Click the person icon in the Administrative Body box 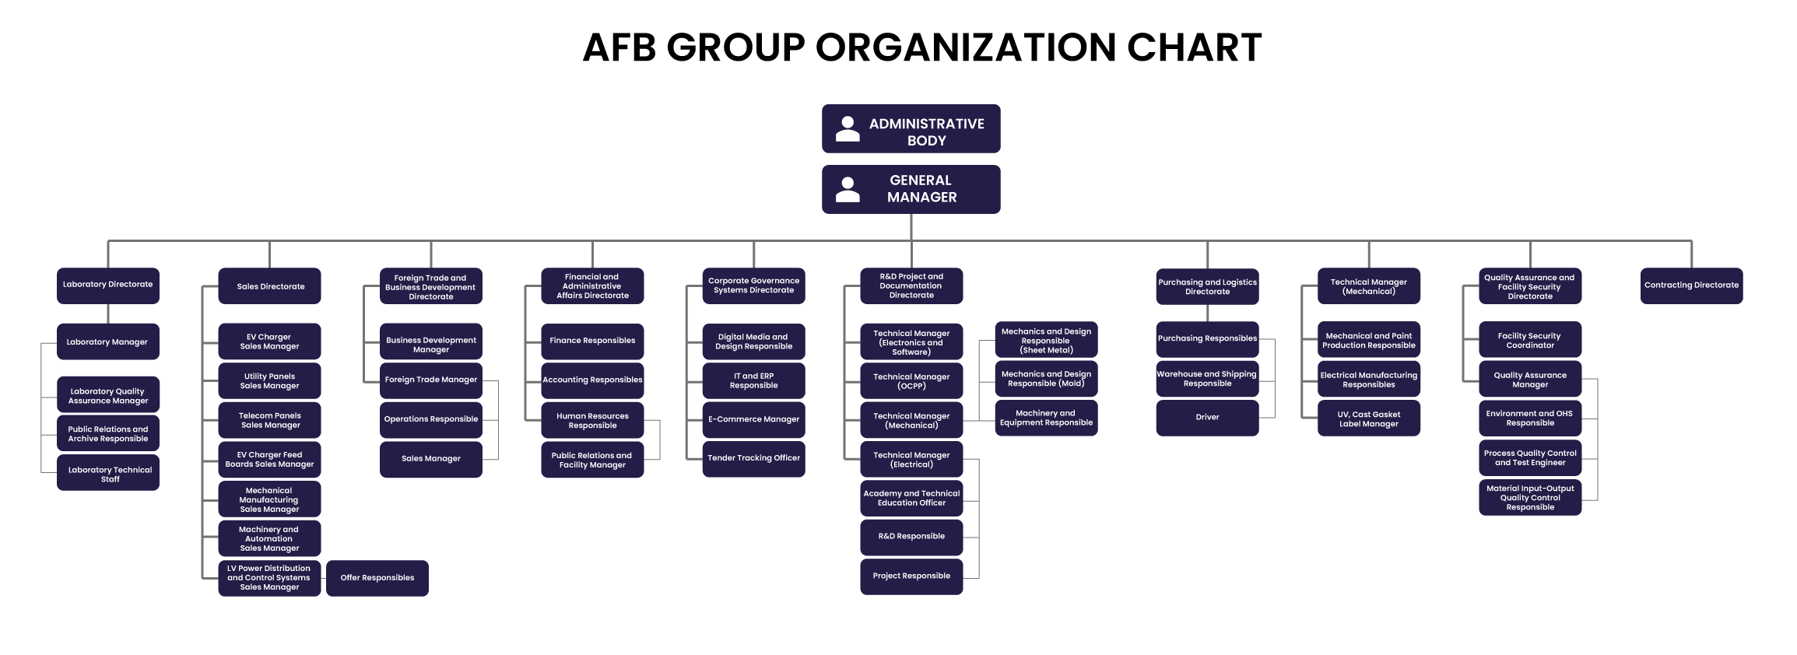[x=848, y=129]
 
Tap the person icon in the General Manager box [x=848, y=190]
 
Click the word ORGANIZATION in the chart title [x=966, y=47]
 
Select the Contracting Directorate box [x=1691, y=285]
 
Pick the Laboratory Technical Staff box [x=108, y=473]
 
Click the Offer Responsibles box [x=377, y=578]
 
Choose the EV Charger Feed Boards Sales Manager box [x=269, y=460]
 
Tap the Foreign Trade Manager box [x=431, y=380]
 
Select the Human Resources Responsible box [x=592, y=420]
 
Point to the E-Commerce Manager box [x=753, y=419]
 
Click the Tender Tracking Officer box [x=753, y=459]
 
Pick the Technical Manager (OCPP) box [x=911, y=381]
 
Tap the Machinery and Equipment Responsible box [x=1046, y=418]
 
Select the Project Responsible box [x=911, y=576]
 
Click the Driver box [x=1207, y=418]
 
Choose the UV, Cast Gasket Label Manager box [x=1369, y=419]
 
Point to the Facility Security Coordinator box [x=1530, y=340]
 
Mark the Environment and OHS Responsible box [x=1530, y=419]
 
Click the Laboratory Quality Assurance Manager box [x=108, y=395]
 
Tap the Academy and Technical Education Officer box [x=911, y=499]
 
